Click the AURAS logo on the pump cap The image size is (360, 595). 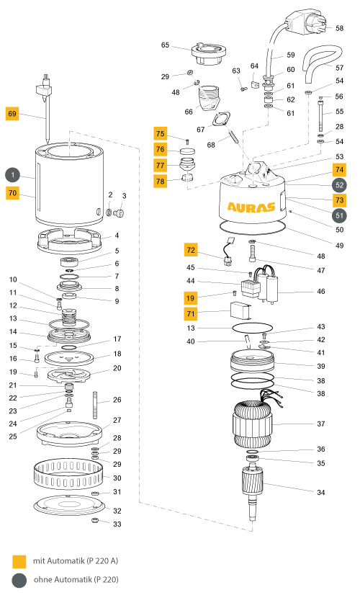tap(251, 207)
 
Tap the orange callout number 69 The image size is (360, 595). tap(12, 114)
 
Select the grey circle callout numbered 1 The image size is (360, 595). tap(12, 175)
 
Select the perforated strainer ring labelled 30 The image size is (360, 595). tap(68, 475)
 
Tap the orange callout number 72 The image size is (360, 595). tap(191, 250)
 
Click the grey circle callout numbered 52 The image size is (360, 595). tap(340, 185)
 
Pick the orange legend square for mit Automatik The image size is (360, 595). tap(19, 562)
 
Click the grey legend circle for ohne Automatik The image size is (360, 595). tap(19, 580)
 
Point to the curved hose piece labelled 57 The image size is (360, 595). tap(322, 60)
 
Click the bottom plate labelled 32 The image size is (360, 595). tap(69, 505)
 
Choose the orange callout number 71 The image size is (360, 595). tap(191, 314)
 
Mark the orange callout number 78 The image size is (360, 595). tap(161, 182)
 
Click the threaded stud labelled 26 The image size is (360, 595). tap(95, 405)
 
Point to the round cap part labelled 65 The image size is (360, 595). tap(209, 53)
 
